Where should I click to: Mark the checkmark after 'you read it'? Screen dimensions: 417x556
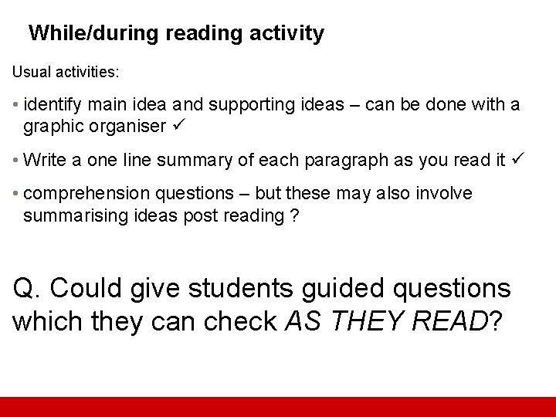point(517,159)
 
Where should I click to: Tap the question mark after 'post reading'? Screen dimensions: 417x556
point(294,215)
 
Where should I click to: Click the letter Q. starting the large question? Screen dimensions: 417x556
point(28,289)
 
